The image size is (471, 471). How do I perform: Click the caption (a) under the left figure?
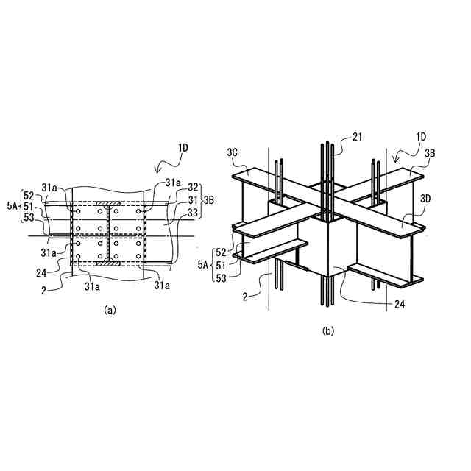[109, 311]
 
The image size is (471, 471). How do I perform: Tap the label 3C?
[233, 153]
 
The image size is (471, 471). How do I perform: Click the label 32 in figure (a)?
[193, 188]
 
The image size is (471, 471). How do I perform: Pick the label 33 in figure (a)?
[193, 212]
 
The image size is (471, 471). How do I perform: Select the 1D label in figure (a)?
[183, 148]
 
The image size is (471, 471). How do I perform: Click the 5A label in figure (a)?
[10, 207]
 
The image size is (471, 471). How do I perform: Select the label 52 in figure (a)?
[29, 195]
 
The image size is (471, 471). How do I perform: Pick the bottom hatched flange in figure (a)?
[107, 261]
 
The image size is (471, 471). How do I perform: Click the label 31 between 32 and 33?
[193, 199]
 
